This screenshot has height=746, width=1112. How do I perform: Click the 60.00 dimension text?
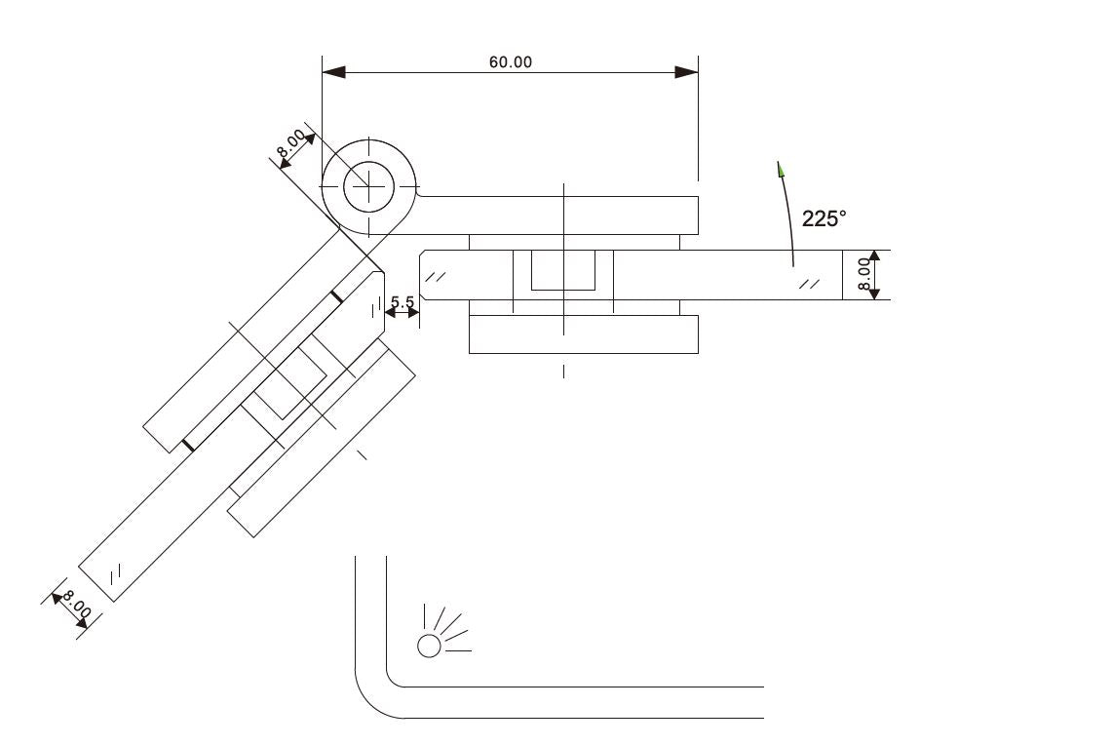pos(510,61)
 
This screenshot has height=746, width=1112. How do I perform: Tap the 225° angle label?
pos(824,217)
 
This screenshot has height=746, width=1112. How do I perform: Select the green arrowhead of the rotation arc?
pos(781,169)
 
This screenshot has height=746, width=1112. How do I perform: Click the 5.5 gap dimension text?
pos(403,301)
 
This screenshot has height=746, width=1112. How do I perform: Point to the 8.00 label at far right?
pos(863,275)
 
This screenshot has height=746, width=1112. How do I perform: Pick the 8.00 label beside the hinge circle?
pos(290,143)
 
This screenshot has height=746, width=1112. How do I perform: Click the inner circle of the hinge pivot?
pos(368,186)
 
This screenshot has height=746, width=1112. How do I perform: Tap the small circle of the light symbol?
pos(429,646)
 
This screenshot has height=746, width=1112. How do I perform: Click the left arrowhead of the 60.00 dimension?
pos(333,72)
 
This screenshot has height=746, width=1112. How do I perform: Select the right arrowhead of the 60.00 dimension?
pos(686,72)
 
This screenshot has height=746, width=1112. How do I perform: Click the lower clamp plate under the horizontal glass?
pos(584,334)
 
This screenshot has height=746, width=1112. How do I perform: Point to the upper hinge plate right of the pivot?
pos(556,216)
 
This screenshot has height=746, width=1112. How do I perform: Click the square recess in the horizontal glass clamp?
pos(563,270)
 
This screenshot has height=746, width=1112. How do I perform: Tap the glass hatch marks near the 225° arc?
pos(809,284)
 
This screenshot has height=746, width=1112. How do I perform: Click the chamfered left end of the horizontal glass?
pos(423,275)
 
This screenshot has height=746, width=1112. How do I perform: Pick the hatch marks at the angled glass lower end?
pos(116,571)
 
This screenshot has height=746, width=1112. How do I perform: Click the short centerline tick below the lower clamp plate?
pos(564,372)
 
